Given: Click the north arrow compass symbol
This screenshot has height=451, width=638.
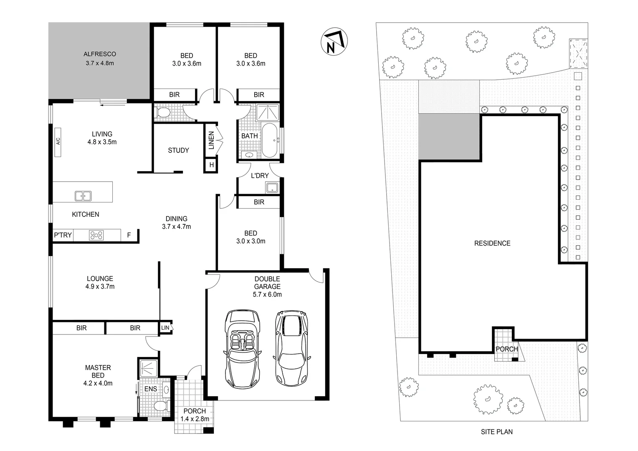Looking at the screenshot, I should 334,42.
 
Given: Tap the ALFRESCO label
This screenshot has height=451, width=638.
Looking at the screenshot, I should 99,54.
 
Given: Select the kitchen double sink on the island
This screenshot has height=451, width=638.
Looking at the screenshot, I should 83,196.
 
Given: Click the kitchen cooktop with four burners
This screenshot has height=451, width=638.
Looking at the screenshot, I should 96,235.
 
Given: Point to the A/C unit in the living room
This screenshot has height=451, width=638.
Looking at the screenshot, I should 58,142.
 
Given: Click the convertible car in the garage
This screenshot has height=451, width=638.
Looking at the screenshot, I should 242,348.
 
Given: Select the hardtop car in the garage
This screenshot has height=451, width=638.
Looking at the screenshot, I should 291,348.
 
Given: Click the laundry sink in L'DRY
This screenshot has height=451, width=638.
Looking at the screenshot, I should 272,187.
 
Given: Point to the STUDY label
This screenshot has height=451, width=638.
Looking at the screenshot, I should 178,150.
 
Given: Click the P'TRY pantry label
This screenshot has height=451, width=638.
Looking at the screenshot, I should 63,235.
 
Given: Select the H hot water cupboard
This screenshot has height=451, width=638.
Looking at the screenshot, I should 211,165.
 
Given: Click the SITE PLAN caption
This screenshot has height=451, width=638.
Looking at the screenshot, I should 496,432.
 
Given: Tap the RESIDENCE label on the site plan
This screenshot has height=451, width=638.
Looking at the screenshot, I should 492,243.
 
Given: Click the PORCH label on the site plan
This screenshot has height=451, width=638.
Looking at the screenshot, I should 506,349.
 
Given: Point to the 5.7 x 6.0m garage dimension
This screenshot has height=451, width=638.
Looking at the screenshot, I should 267,294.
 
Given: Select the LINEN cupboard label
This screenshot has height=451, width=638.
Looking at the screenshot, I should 211,140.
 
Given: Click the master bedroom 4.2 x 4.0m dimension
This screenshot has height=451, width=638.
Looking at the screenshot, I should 98,383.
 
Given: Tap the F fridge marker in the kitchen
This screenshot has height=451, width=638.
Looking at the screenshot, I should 129,235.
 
